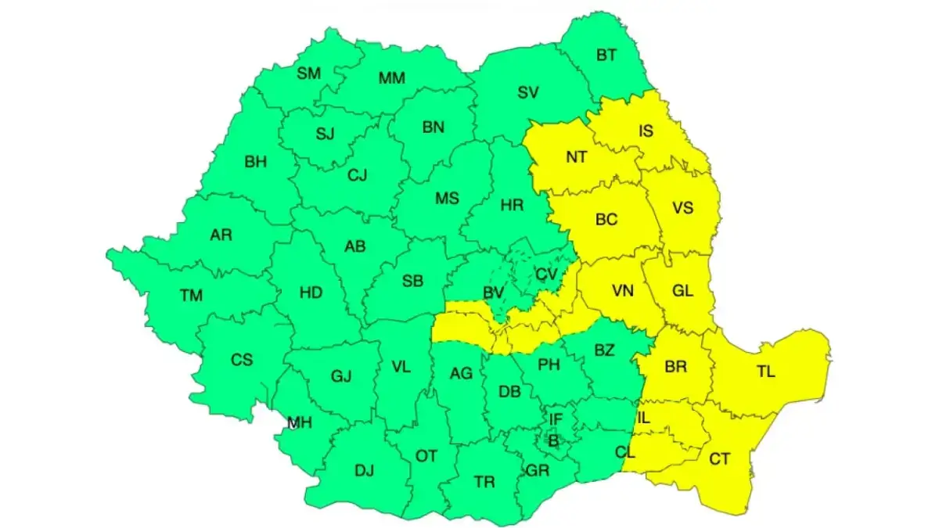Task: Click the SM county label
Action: coord(308,74)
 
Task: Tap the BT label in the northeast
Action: coord(606,55)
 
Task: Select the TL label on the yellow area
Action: coord(765,372)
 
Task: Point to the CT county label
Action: coord(719,459)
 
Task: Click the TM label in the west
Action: coord(190,296)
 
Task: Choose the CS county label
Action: coord(242,360)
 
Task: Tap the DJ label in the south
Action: coord(364,470)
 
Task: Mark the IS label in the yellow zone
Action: coord(646,131)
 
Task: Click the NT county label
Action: coord(577,157)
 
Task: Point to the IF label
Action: coord(555,420)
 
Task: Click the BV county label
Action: coord(492,293)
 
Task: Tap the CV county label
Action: coord(546,275)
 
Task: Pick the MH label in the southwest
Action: coord(299,423)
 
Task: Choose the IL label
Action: coord(642,418)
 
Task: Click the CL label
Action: coord(625,451)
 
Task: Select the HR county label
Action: coord(511,206)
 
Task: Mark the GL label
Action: coord(682,291)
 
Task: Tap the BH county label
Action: coord(255,163)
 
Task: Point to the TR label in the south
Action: coord(484,482)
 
